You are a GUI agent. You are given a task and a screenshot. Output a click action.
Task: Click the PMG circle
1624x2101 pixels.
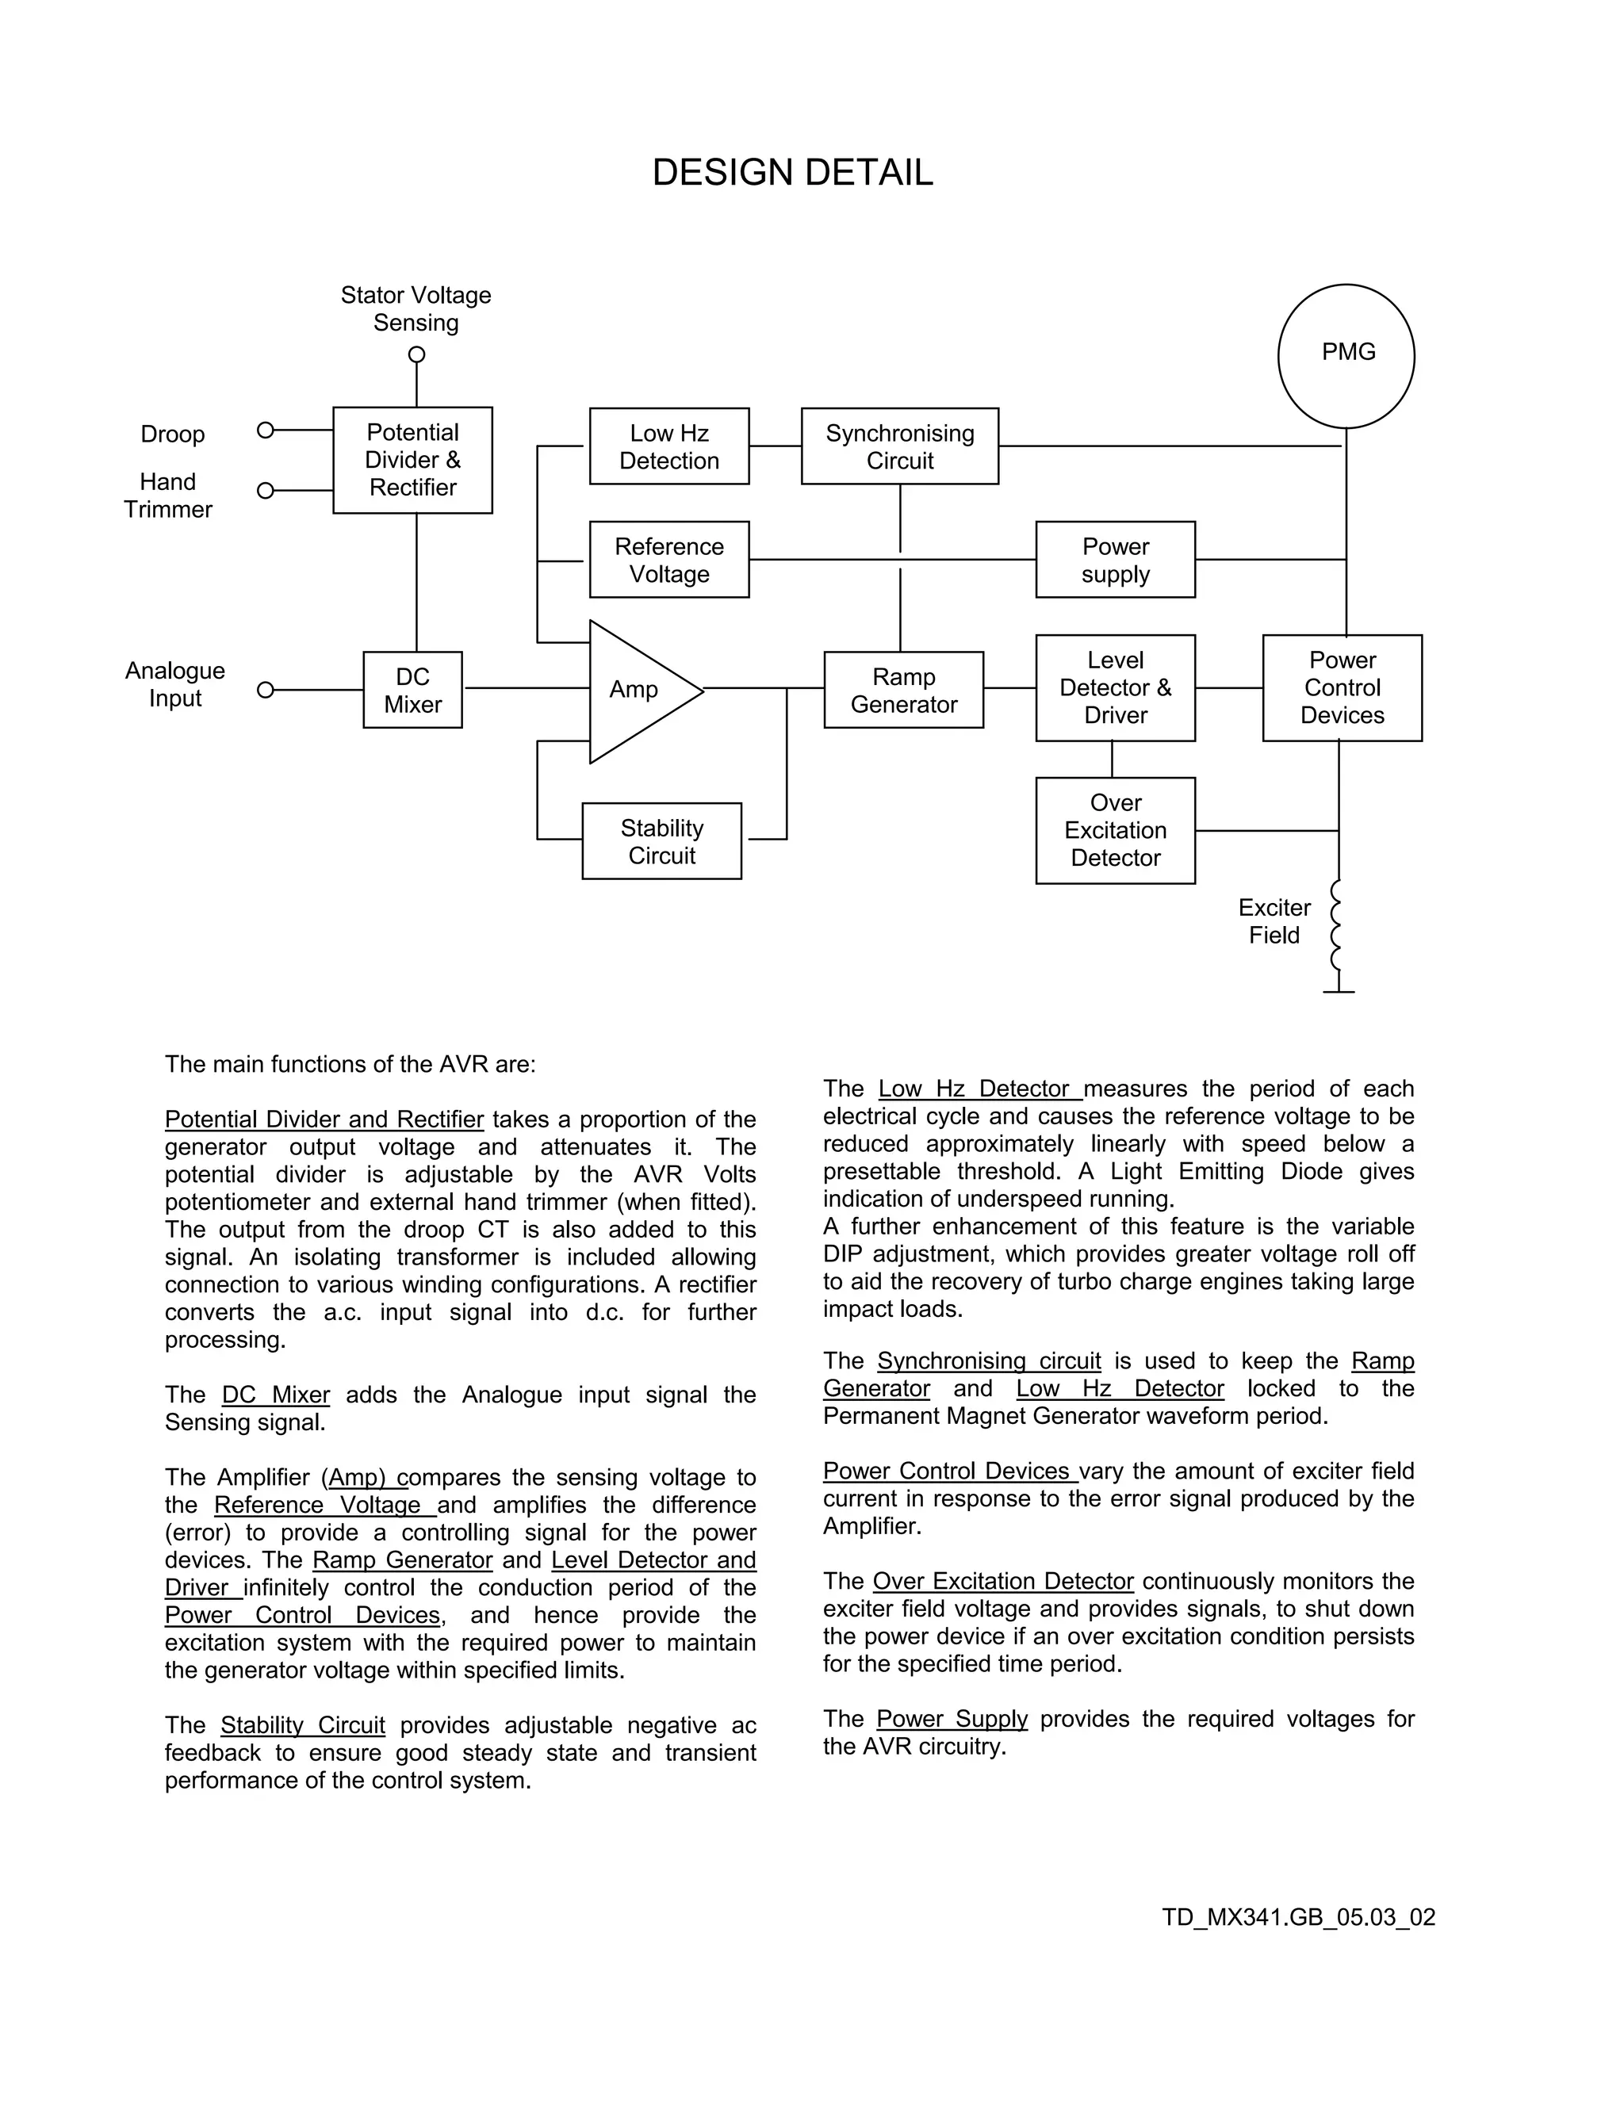point(1346,355)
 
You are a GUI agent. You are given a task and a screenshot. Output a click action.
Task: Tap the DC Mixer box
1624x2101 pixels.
point(412,690)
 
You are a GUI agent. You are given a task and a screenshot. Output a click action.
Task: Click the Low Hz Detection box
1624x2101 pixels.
point(668,446)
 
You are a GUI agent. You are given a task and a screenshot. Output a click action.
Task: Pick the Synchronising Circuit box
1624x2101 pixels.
point(899,446)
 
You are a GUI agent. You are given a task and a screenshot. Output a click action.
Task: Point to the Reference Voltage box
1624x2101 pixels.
point(668,560)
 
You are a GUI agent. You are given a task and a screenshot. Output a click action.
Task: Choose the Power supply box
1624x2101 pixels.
point(1115,560)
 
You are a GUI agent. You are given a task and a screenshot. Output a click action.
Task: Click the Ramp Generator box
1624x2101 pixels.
point(903,690)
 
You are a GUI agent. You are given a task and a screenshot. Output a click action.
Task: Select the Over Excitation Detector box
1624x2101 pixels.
point(1115,830)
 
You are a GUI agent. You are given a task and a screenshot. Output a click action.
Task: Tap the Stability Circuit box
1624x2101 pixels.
point(662,840)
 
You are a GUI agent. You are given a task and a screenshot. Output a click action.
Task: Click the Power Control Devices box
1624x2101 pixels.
point(1342,688)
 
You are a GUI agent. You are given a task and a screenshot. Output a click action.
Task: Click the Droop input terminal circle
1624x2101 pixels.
point(266,430)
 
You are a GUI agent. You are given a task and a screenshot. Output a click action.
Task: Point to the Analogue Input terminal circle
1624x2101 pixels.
point(266,690)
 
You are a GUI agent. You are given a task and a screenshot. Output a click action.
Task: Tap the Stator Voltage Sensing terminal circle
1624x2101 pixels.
point(416,354)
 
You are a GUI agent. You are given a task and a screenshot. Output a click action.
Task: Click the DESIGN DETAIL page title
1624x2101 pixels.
point(793,172)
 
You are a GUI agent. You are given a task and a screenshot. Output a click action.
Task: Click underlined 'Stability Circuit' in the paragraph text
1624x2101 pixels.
point(302,1725)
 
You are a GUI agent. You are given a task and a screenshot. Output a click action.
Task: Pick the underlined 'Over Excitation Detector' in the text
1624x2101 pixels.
point(1002,1581)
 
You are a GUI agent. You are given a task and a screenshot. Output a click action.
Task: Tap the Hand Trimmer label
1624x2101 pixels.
point(167,496)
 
